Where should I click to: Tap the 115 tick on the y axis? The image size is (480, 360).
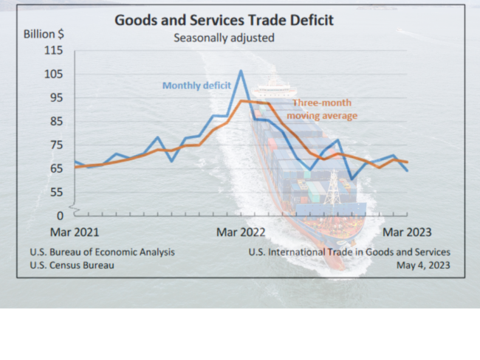click(x=54, y=50)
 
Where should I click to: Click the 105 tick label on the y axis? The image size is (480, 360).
click(x=54, y=74)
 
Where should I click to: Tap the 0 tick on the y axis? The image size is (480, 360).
click(x=61, y=215)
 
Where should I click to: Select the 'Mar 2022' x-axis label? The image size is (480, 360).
click(x=241, y=232)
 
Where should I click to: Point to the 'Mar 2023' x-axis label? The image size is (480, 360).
click(x=406, y=232)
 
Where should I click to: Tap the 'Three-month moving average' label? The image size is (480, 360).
click(x=322, y=110)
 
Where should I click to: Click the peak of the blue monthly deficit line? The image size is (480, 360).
click(x=241, y=72)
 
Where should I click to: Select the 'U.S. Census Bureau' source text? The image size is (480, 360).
click(x=72, y=265)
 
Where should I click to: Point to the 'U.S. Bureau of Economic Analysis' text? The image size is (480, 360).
click(x=103, y=252)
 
